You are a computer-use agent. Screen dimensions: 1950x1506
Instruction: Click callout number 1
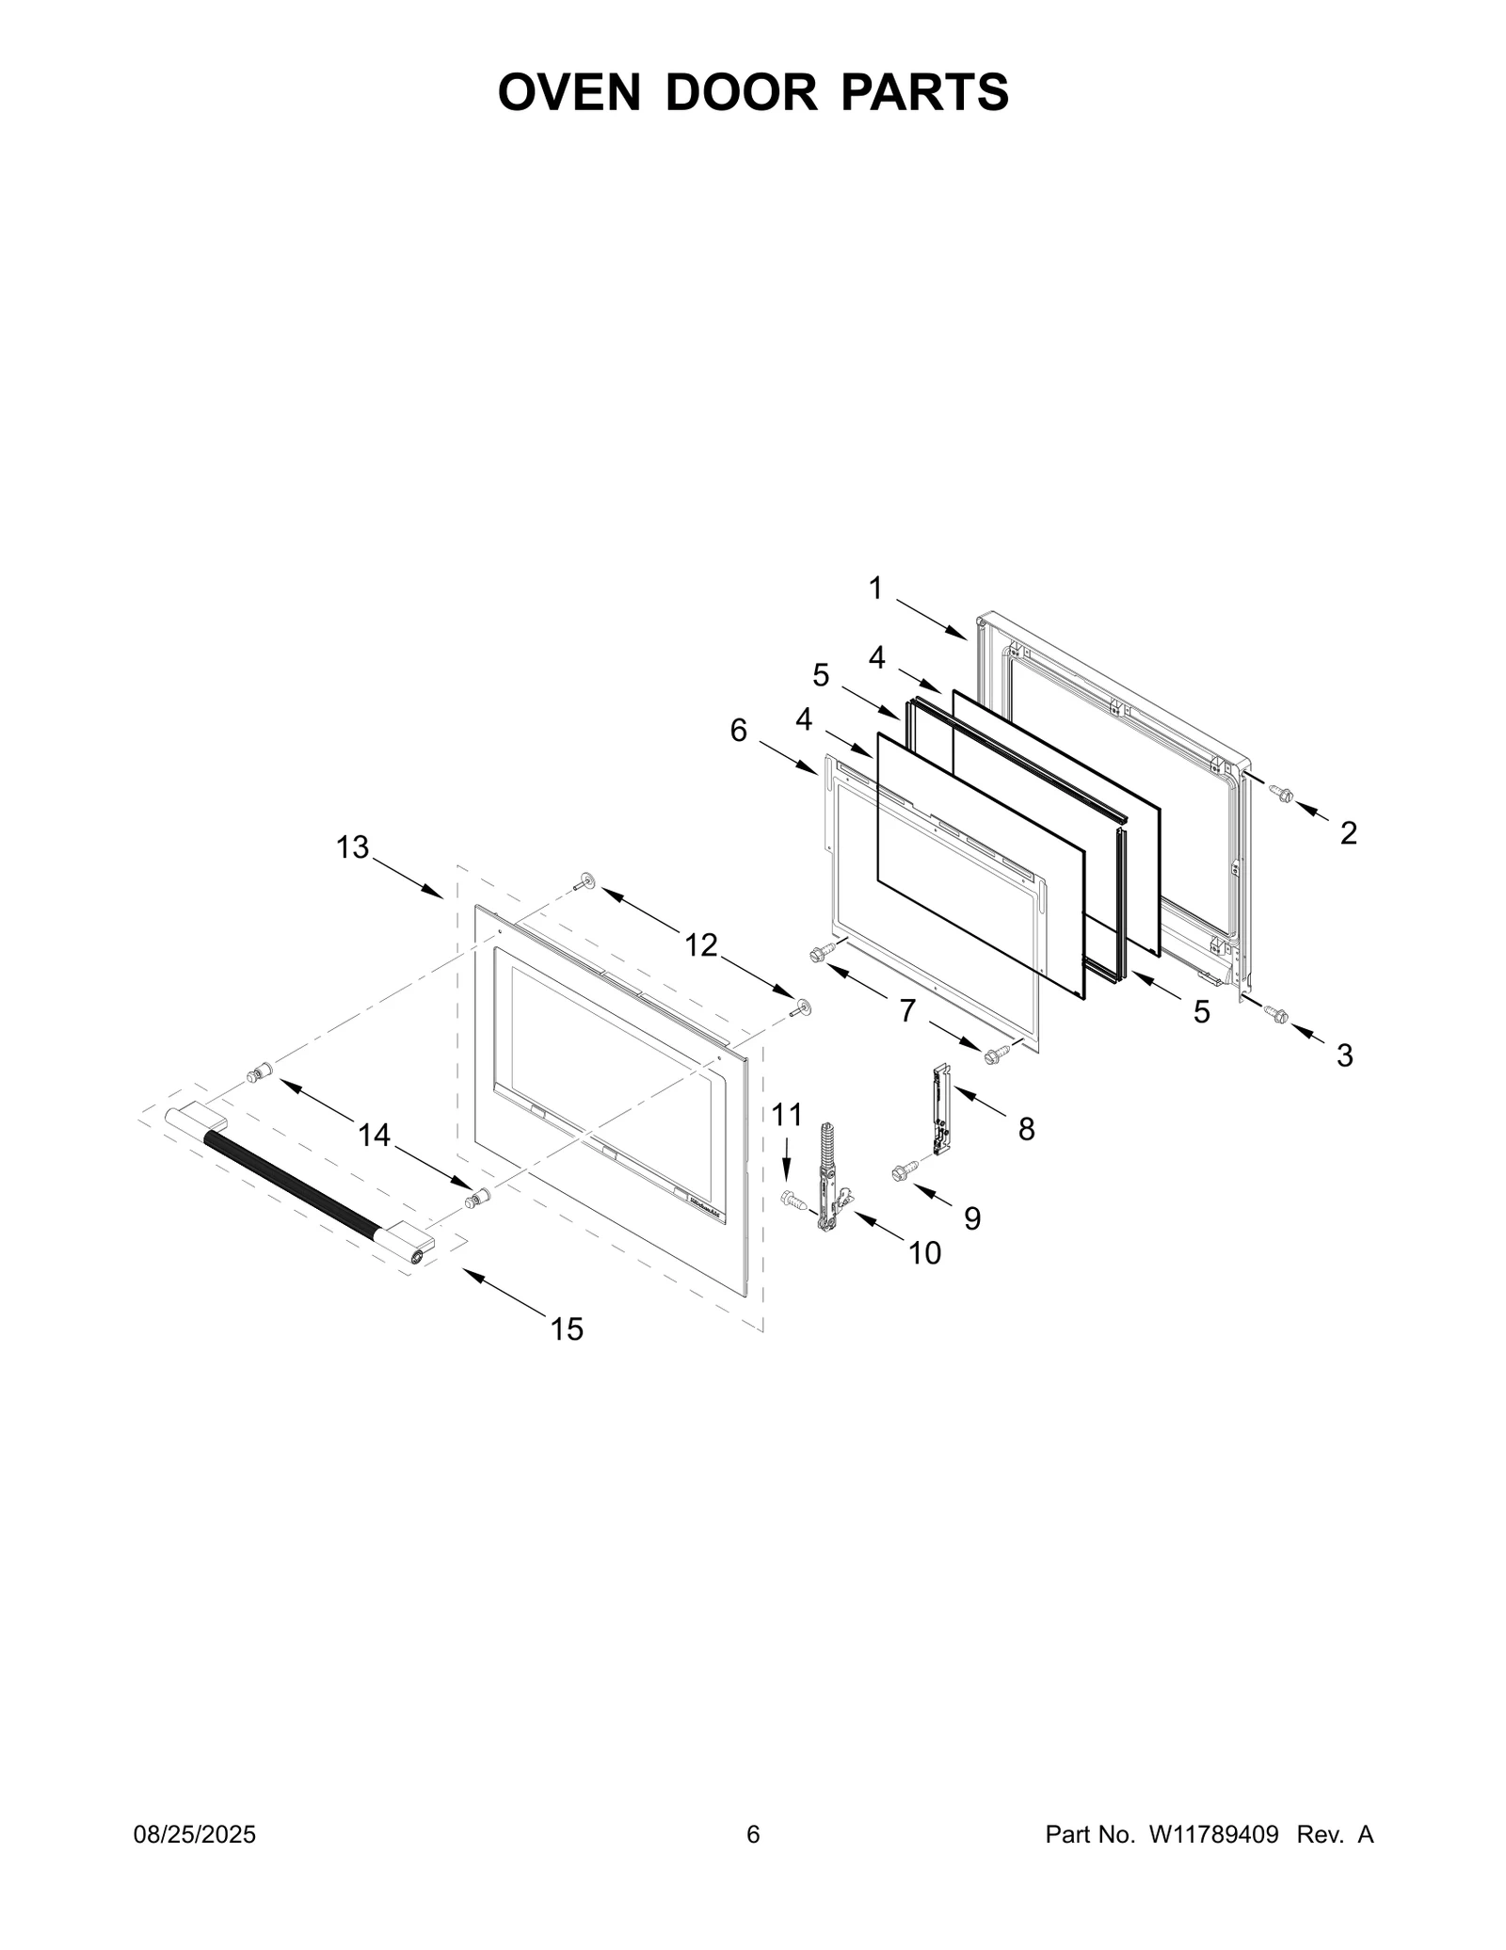(x=875, y=588)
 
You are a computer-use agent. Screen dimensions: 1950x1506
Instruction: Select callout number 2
(x=1348, y=832)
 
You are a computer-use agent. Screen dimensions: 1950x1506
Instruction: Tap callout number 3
(x=1345, y=1056)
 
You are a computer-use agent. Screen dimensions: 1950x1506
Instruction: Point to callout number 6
(x=739, y=730)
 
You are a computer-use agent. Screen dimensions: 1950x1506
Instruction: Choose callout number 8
(x=1026, y=1128)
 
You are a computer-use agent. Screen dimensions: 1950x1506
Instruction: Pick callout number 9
(x=972, y=1218)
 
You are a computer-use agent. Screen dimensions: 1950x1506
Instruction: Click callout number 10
(x=924, y=1252)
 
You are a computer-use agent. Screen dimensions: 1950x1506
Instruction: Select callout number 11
(x=787, y=1115)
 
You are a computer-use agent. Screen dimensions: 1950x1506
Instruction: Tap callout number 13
(x=353, y=847)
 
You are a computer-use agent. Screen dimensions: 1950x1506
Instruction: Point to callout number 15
(x=567, y=1329)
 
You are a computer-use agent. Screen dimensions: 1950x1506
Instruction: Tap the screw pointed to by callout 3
(x=1276, y=1013)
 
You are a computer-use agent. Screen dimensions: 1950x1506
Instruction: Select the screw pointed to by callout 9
(x=902, y=1171)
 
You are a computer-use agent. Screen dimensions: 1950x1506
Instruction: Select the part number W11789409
(x=1212, y=1834)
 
